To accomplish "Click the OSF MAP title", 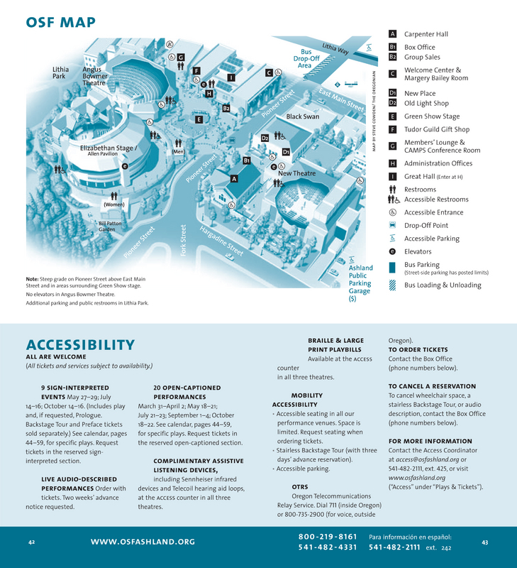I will (60, 23).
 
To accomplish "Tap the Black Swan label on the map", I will (302, 116).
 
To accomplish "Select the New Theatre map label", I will (296, 173).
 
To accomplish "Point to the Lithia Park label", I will (61, 73).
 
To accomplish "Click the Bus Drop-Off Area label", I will (305, 58).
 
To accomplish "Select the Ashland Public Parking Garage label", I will (360, 279).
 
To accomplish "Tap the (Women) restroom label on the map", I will (114, 205).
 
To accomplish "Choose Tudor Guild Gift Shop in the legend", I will (437, 130).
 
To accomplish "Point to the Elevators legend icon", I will (392, 251).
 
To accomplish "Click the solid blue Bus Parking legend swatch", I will (392, 268).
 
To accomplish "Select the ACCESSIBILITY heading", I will (80, 346).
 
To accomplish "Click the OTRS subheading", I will (299, 486).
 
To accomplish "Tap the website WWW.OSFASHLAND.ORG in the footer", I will (143, 542).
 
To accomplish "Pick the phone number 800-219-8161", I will (327, 537).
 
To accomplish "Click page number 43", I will (484, 542).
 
